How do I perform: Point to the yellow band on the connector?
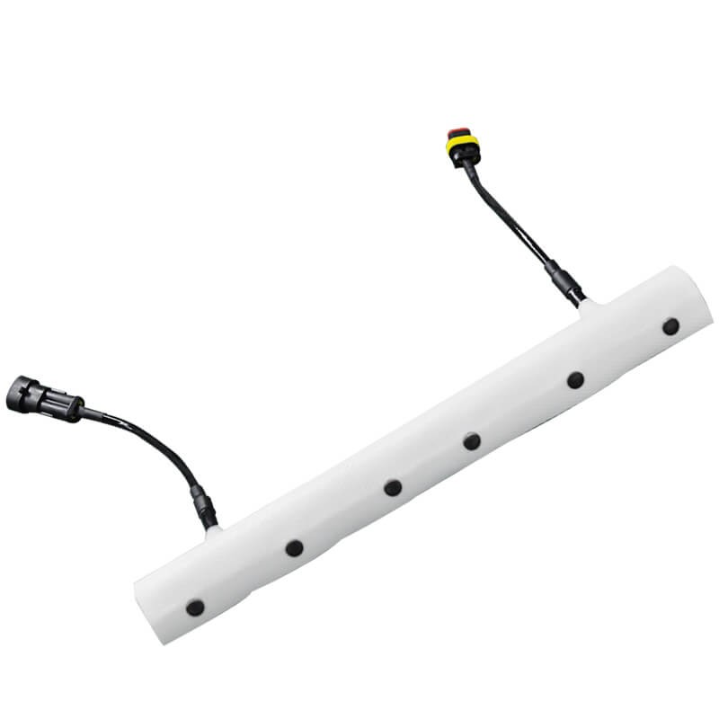click(458, 143)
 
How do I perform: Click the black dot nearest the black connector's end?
click(195, 608)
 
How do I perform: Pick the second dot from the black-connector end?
click(294, 547)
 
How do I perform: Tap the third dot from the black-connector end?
click(393, 488)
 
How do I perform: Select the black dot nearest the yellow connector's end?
click(670, 326)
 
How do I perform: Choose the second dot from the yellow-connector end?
click(575, 380)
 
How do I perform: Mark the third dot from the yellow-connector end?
click(472, 441)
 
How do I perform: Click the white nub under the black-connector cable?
click(215, 531)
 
